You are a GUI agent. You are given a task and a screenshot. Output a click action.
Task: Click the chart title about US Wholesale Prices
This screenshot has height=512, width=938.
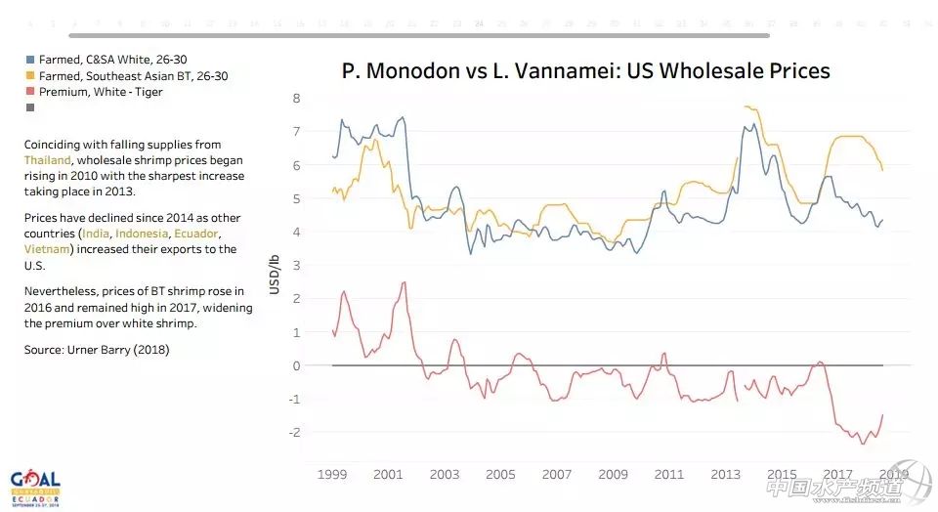(x=585, y=70)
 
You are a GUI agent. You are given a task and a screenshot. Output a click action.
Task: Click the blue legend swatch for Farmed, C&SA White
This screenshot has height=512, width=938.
(x=29, y=59)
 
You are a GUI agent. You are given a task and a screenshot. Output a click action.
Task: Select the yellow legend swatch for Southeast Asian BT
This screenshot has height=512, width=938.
(x=29, y=75)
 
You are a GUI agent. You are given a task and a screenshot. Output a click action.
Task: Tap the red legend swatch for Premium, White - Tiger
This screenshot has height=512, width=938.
(x=29, y=92)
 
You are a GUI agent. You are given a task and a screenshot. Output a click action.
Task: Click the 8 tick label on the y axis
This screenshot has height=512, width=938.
(x=297, y=98)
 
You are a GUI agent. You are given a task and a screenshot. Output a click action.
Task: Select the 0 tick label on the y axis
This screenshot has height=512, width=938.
(x=297, y=365)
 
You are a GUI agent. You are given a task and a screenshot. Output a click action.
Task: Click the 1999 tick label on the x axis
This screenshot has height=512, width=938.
(x=332, y=474)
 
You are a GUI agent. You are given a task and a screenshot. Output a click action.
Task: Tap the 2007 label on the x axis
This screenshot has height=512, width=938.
(x=557, y=474)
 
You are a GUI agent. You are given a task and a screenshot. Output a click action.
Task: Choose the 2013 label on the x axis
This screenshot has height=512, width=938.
(x=725, y=474)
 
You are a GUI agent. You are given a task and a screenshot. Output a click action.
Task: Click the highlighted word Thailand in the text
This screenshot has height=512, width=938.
(x=48, y=160)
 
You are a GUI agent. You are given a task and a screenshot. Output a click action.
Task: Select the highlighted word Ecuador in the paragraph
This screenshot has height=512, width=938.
(x=196, y=234)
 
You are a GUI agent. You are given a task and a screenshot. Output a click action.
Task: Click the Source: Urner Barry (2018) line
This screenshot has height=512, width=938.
(x=97, y=349)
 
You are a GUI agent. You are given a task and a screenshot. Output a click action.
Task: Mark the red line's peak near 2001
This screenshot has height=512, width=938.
(x=405, y=282)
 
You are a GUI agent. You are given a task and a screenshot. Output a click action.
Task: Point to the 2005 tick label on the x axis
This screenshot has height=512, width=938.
(x=500, y=474)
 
